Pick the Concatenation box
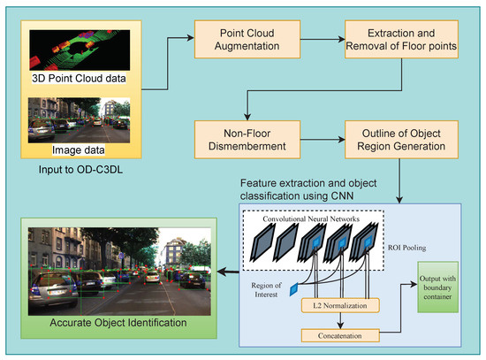[x=341, y=336]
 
